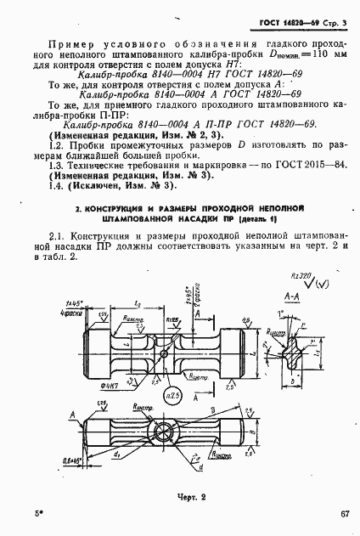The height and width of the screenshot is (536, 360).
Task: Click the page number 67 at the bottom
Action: pos(343,514)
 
